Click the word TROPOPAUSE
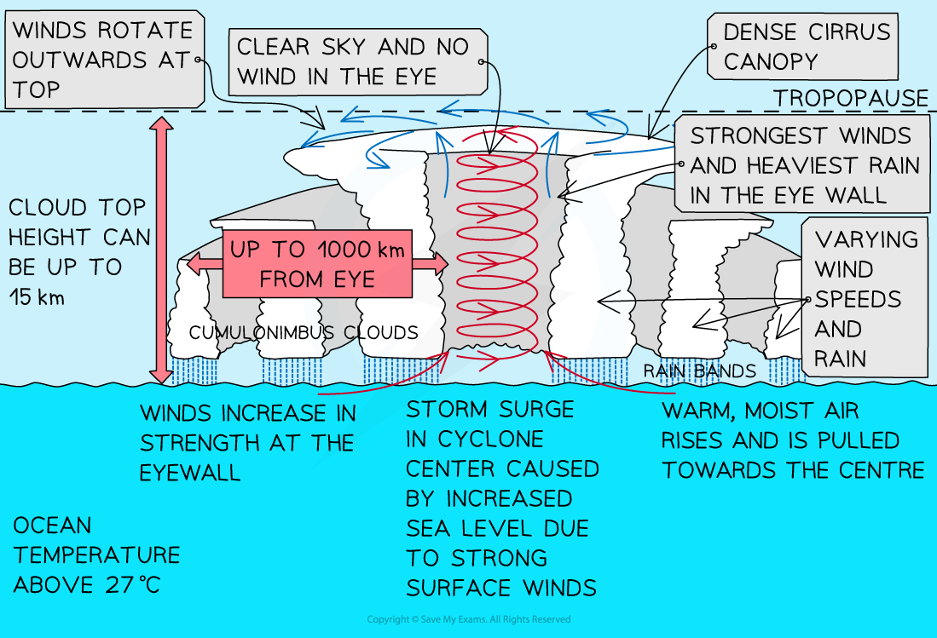[x=850, y=99]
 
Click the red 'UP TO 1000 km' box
[x=317, y=264]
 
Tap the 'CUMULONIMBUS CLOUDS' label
[x=304, y=333]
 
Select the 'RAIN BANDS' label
[x=698, y=371]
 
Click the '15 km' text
[x=39, y=297]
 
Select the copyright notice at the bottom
[x=468, y=619]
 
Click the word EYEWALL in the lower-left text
[x=191, y=472]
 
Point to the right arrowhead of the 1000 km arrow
[x=441, y=265]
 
